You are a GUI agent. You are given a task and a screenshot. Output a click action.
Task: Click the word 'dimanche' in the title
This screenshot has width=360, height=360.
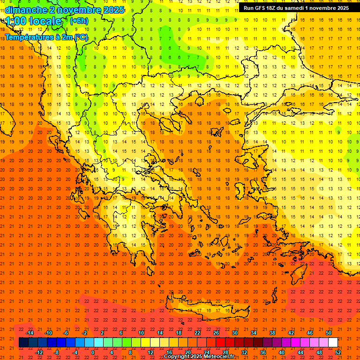coord(26,10)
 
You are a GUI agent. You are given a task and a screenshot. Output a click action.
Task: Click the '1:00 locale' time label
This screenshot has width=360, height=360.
coord(34,22)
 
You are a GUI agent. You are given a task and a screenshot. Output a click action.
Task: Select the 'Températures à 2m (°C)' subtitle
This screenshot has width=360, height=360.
coord(46,37)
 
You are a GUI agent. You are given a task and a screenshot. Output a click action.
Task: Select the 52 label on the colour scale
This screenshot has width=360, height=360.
coord(338,352)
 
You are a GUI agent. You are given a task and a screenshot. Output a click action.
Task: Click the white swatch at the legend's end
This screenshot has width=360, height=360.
coord(333,343)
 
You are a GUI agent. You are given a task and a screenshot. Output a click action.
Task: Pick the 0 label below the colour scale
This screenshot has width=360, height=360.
coord(93,352)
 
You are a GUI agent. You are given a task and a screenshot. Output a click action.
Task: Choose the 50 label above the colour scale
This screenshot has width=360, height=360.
coord(328,333)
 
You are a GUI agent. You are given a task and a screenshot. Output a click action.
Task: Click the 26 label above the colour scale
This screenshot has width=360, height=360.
coord(216,333)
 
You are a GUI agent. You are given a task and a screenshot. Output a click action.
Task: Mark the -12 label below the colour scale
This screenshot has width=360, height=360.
coord(39,352)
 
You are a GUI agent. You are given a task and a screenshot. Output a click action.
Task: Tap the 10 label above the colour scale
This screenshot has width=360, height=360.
coord(141,333)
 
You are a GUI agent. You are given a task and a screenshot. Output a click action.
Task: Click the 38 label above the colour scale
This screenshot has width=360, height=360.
coord(272,333)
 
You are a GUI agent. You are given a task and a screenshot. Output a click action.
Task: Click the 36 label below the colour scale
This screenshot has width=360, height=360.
coord(263,352)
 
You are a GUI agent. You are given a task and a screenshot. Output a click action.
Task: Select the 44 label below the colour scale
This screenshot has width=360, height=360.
coord(301,352)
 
